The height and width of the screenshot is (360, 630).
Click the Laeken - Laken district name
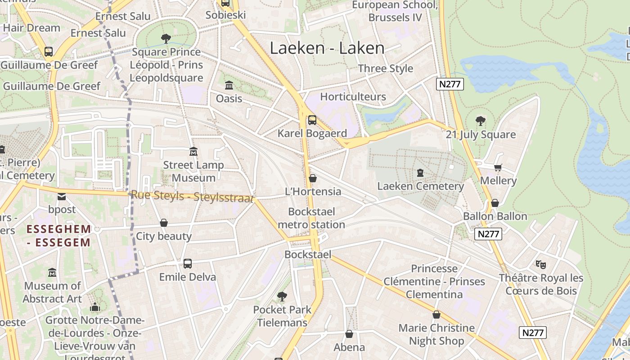coord(327,48)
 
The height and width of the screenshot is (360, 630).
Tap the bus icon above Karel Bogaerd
coord(312,120)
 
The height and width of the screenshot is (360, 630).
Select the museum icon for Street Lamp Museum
coord(193,152)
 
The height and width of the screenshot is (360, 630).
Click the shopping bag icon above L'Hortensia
coord(313,178)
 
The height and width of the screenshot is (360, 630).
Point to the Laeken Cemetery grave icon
coord(420,173)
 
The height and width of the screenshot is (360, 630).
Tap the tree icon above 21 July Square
coord(481,121)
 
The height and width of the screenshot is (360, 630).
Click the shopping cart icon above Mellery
coord(498,167)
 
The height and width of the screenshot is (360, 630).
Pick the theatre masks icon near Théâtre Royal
coord(541,264)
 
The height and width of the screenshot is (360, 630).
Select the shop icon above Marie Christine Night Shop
coord(436,315)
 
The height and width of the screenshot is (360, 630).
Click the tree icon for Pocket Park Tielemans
coord(282,296)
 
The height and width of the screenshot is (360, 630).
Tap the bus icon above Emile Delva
coord(188,263)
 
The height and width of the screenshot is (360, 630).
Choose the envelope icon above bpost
coord(62,196)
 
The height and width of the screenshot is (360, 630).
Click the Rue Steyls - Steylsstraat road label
coord(192,197)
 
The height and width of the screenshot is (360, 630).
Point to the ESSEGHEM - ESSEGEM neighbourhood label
coord(59,236)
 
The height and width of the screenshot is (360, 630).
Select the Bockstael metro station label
coord(311,218)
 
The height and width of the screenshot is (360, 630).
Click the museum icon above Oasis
coord(229,85)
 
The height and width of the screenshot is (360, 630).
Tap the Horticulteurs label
coord(353,97)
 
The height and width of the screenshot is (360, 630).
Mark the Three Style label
coord(385,68)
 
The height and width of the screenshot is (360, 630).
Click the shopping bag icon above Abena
coord(349,334)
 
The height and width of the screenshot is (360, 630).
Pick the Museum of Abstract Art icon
coord(52,273)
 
